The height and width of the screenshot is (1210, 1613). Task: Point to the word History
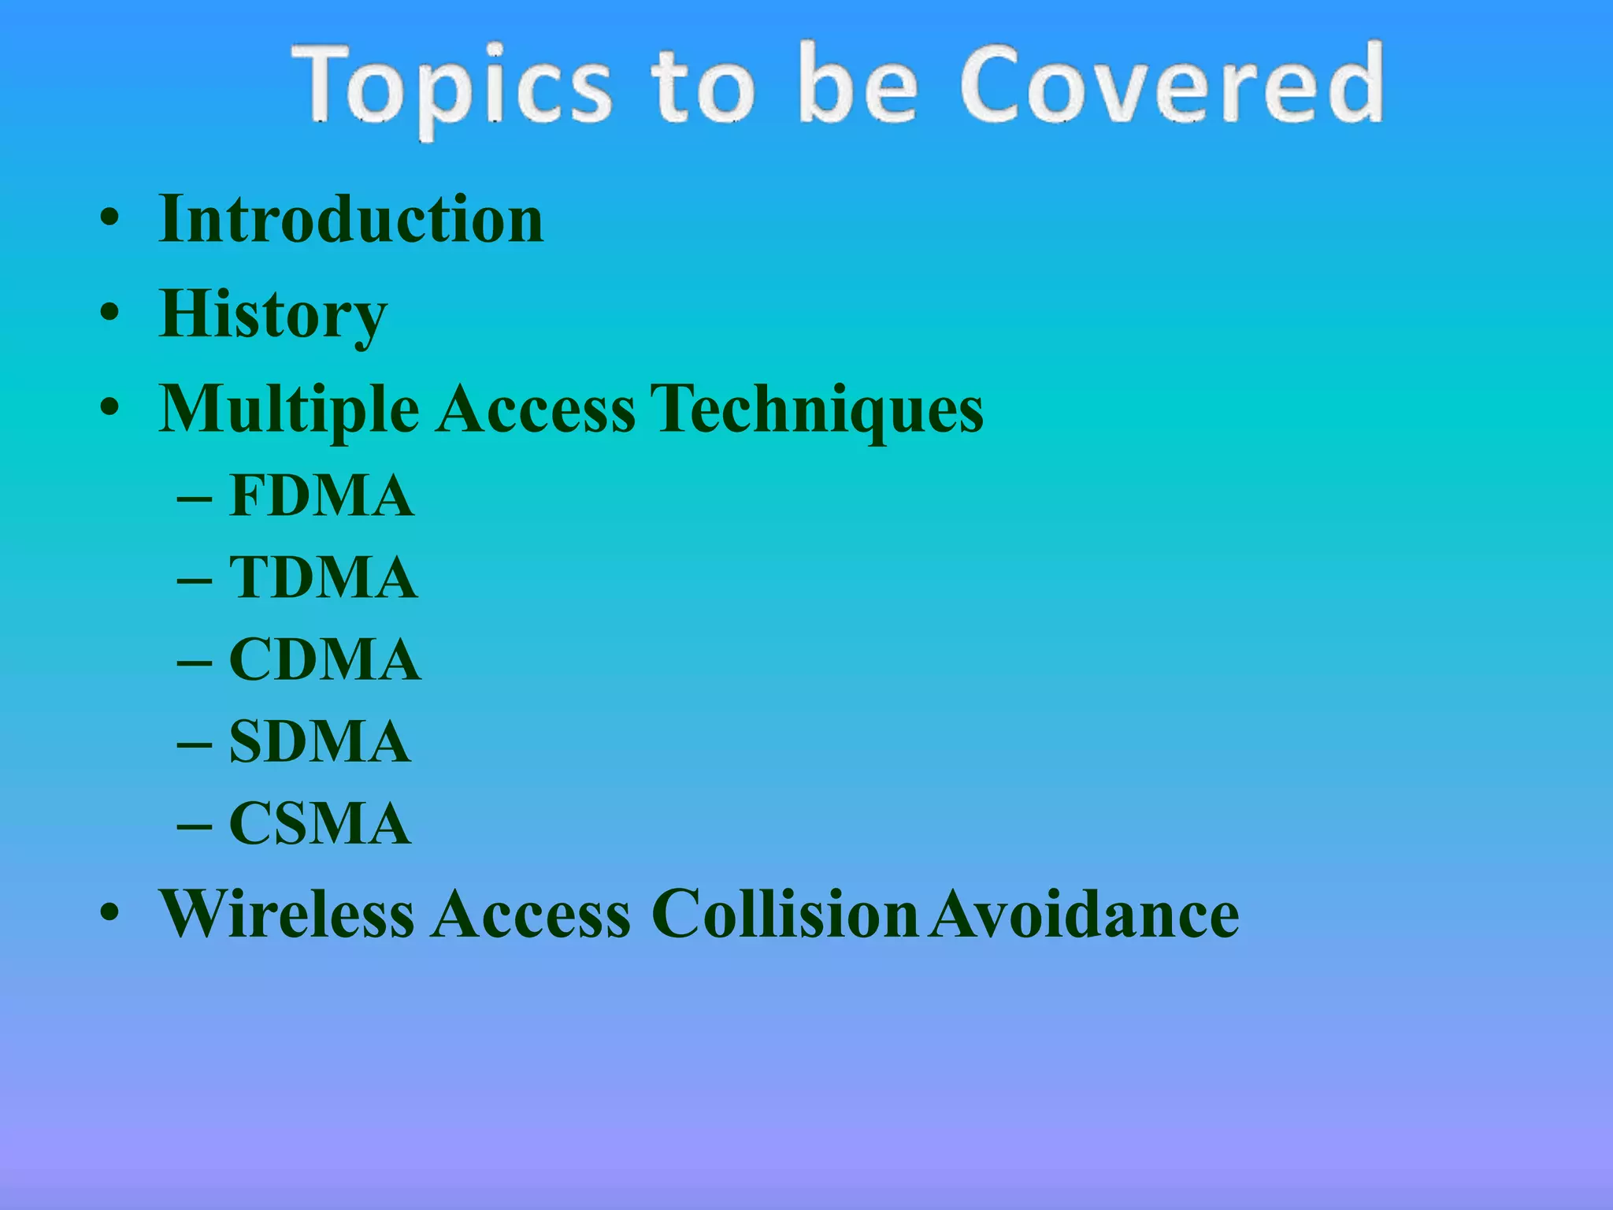tap(273, 314)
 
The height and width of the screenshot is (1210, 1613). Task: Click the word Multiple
tap(288, 410)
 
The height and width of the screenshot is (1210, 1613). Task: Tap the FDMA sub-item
tap(321, 496)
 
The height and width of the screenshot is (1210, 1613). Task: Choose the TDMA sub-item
tap(323, 578)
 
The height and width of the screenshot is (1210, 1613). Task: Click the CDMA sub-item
tap(324, 660)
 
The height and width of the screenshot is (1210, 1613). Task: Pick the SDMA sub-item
tap(320, 742)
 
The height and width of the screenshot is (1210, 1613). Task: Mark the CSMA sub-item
tap(320, 824)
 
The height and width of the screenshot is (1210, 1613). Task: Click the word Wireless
tap(287, 914)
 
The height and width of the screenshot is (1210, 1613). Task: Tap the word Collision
tap(784, 914)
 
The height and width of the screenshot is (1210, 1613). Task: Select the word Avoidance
tap(1084, 914)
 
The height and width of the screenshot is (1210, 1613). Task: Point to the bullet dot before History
tap(109, 314)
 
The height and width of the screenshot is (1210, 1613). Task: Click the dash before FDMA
tap(194, 500)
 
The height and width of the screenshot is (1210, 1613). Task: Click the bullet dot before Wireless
tap(109, 914)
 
